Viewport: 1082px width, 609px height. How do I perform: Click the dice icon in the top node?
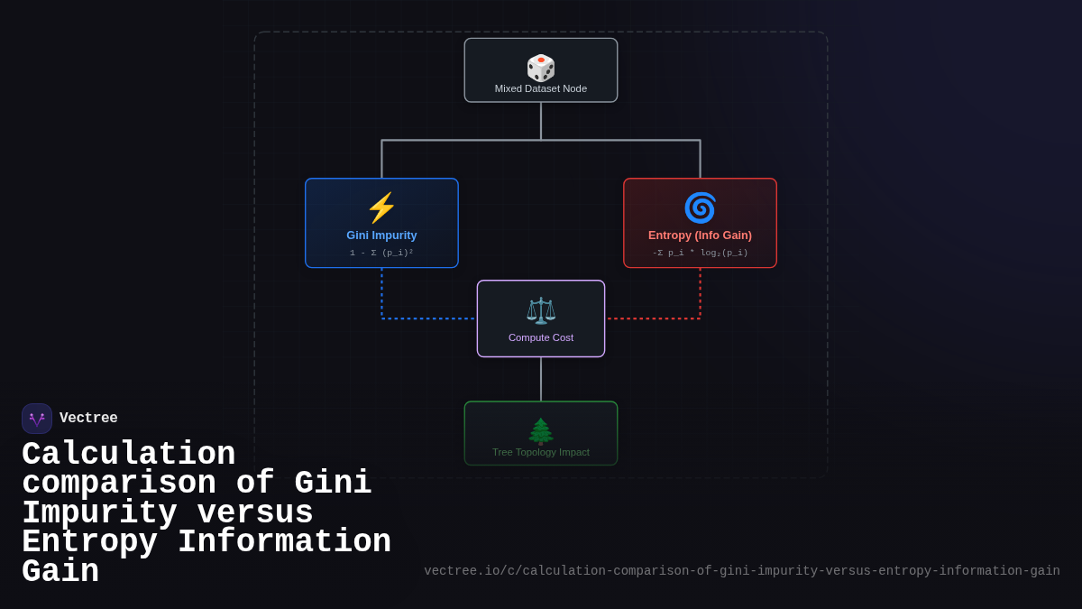541,68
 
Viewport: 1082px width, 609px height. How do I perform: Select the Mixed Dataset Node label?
541,88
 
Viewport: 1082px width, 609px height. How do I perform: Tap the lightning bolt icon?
381,208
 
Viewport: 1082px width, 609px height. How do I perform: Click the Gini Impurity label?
381,235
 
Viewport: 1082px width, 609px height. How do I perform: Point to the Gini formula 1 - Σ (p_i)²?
381,253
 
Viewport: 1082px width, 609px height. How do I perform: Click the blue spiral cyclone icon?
700,208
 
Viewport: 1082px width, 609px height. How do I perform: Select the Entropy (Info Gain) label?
700,235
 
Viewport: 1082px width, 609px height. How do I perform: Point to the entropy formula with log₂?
700,253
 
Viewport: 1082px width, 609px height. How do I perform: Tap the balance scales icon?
541,310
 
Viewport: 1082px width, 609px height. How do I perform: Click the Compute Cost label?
541,337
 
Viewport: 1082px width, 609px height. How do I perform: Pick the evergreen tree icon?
541,430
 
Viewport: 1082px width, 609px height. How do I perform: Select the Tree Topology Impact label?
541,452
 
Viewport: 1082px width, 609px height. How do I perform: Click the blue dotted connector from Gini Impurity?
424,318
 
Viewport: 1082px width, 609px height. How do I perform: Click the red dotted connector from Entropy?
658,318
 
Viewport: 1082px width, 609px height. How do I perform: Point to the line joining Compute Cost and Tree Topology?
541,379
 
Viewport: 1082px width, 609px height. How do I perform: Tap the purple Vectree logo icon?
37,419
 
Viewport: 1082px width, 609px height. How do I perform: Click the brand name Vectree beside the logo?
88,419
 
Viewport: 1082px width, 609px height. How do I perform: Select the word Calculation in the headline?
128,455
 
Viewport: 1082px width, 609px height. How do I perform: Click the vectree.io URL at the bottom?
741,571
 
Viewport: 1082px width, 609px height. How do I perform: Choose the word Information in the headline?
284,542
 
